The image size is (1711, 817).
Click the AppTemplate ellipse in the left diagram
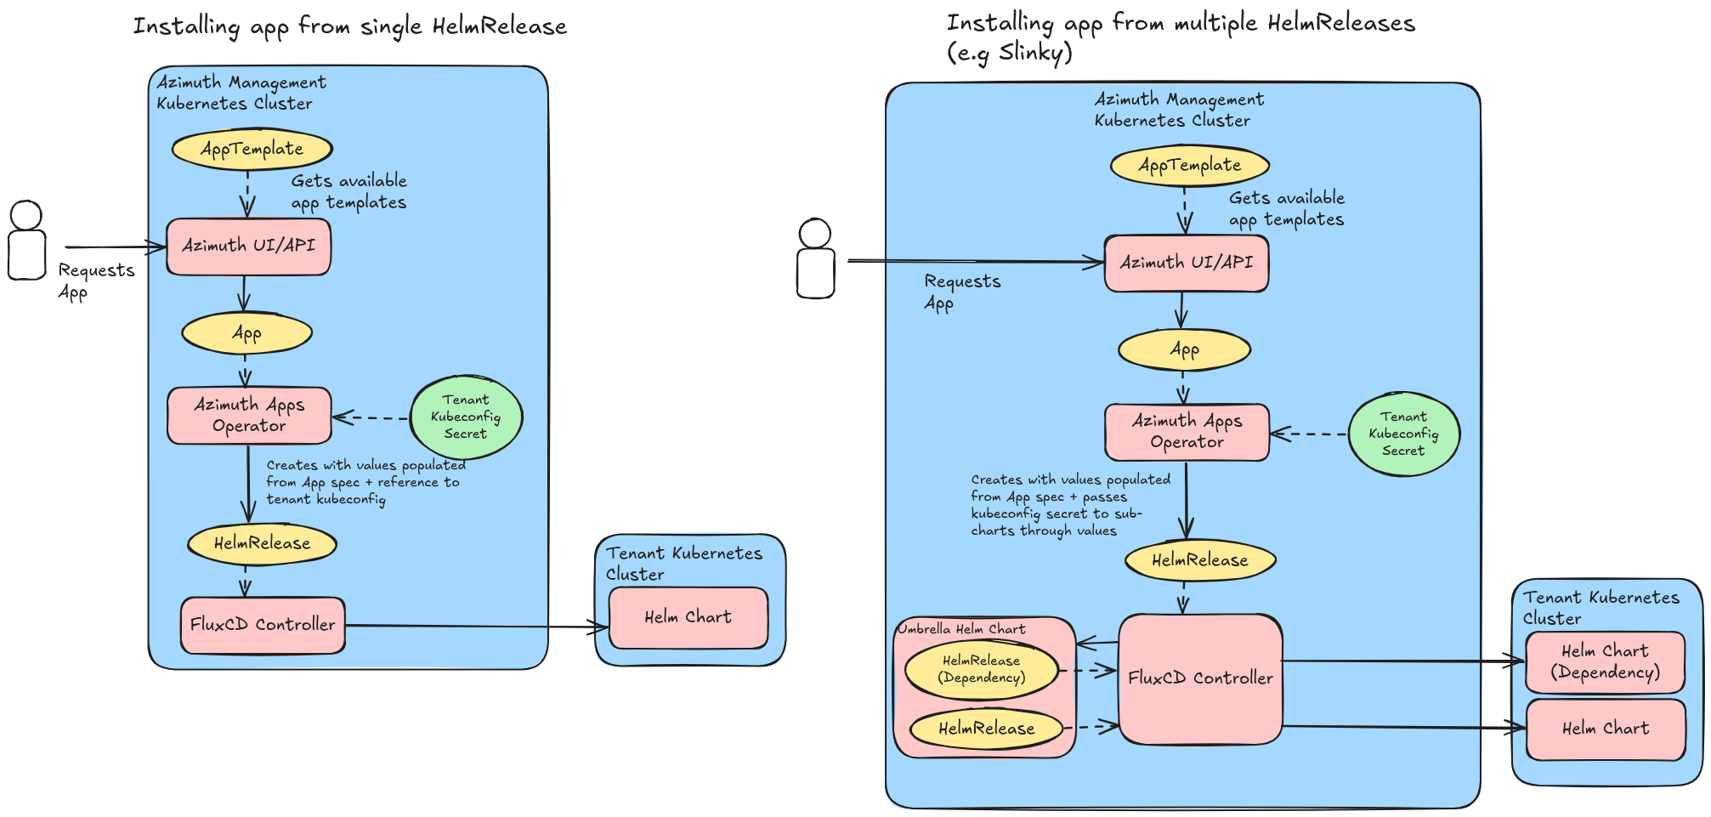tap(252, 150)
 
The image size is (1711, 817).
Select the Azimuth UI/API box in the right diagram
tap(1186, 264)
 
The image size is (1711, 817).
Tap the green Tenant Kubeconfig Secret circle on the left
tap(466, 417)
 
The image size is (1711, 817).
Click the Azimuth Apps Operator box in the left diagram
tap(249, 416)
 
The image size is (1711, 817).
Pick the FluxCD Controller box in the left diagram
tap(263, 625)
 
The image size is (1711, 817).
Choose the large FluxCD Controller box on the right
tap(1200, 678)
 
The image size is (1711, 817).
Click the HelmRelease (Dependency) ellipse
tap(981, 670)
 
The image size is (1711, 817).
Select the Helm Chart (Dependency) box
tap(1605, 662)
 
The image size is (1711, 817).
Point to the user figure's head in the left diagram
tap(26, 214)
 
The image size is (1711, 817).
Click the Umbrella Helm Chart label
tap(961, 629)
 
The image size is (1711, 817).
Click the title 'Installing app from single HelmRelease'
tap(349, 26)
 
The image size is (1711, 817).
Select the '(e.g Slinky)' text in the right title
tap(1010, 53)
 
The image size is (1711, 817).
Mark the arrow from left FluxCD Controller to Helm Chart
tap(476, 627)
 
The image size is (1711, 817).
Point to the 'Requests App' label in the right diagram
tap(961, 292)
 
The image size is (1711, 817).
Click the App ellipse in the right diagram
tap(1184, 349)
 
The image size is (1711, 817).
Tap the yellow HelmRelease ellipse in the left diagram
tap(262, 544)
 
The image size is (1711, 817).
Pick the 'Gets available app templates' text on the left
tap(348, 191)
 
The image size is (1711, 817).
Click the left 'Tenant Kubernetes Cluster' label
tap(683, 563)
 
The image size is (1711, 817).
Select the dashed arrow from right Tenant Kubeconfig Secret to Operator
tap(1309, 434)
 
